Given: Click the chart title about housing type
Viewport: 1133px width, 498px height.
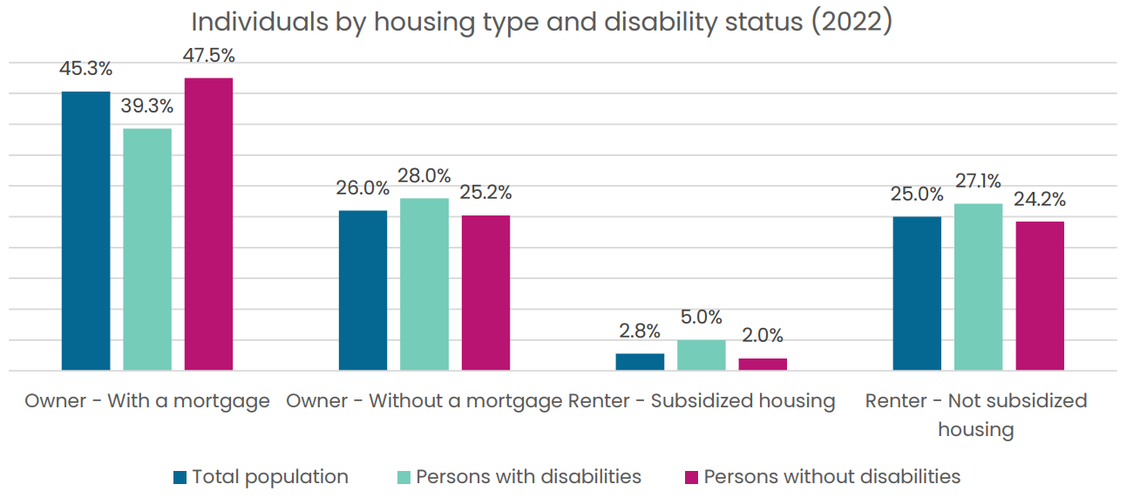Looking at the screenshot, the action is pyautogui.click(x=542, y=23).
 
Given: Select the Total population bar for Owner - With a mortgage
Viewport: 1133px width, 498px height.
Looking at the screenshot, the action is pyautogui.click(x=86, y=231).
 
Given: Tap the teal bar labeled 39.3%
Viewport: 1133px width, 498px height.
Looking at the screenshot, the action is pyautogui.click(x=147, y=249).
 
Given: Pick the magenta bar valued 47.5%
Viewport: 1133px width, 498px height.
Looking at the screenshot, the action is pyautogui.click(x=208, y=224).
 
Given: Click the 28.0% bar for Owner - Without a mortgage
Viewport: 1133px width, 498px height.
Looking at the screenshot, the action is pyautogui.click(x=424, y=284).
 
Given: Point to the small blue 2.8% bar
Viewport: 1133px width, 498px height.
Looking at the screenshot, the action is pyautogui.click(x=640, y=362).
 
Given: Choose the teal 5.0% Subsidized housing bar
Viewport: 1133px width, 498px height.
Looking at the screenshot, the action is pyautogui.click(x=702, y=355).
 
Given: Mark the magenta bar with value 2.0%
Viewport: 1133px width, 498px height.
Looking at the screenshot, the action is pyautogui.click(x=763, y=365).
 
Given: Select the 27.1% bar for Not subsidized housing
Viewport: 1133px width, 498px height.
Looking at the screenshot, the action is pyautogui.click(x=978, y=287).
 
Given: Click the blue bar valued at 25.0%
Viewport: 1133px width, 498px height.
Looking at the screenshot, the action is pyautogui.click(x=917, y=294).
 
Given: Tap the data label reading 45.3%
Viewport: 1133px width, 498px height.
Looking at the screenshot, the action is pyautogui.click(x=85, y=69).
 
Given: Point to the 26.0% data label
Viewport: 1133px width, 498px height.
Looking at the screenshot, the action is pyautogui.click(x=363, y=188).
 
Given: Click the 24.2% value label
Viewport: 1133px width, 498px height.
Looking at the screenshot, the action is pyautogui.click(x=1040, y=200).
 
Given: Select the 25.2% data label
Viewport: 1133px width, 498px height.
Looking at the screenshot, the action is pyautogui.click(x=485, y=193).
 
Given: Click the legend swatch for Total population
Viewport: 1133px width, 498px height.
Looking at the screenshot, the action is pyautogui.click(x=180, y=477).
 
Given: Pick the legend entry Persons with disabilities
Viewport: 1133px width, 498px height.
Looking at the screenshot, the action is pyautogui.click(x=519, y=477).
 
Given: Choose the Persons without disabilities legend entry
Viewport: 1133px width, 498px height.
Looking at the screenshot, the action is pyautogui.click(x=823, y=477).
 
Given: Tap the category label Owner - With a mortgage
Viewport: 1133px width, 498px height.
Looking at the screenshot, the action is pyautogui.click(x=147, y=401).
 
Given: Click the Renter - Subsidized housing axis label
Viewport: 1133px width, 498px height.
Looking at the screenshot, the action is pyautogui.click(x=702, y=401).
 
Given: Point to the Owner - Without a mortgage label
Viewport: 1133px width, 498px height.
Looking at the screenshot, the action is pyautogui.click(x=424, y=401).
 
